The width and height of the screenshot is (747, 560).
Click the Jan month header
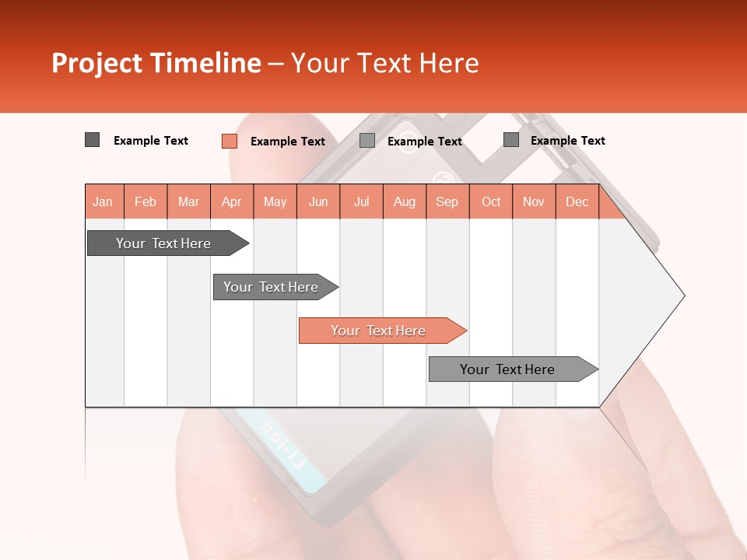pos(103,201)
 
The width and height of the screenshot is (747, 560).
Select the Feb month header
pos(146,201)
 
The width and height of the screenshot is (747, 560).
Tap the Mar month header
pos(188,201)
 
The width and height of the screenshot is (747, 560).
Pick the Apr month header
pos(231,201)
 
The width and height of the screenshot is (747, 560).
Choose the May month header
pos(275,201)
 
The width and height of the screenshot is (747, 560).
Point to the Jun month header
pos(318,201)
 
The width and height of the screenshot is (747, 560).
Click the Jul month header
pos(361,201)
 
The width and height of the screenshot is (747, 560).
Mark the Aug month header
pos(405,201)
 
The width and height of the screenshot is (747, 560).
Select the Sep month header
pos(447,201)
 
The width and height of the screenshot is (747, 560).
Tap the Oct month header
pos(491,201)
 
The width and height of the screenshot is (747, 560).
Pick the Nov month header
pos(534,201)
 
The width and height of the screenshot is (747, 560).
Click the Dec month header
pos(577,201)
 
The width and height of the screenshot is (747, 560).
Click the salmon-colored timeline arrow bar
pos(381,331)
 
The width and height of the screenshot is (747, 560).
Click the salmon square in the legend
pos(229,141)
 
